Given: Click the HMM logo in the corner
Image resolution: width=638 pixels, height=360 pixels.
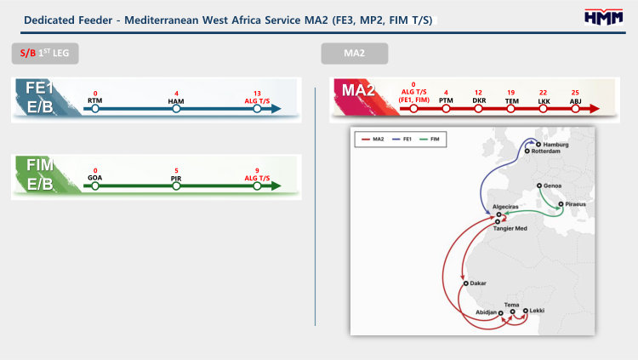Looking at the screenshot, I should (603, 17).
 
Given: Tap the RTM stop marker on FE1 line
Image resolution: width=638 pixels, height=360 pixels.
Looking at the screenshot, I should (96, 109).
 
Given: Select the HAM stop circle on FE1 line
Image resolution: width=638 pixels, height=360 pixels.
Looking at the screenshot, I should (176, 109).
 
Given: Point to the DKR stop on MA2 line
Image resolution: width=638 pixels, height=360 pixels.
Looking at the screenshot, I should (480, 109).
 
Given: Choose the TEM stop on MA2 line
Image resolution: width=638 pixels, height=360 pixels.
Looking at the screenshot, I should (511, 109).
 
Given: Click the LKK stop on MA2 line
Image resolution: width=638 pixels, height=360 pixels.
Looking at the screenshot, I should (542, 109).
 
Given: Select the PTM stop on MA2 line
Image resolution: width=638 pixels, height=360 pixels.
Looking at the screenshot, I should (447, 109).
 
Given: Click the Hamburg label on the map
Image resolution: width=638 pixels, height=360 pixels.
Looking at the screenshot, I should (555, 145).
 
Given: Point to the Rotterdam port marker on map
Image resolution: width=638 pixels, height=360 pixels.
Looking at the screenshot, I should (527, 151).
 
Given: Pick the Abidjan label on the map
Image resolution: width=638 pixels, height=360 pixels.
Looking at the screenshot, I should (486, 313).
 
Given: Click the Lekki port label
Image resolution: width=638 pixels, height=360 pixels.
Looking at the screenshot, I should (537, 311).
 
